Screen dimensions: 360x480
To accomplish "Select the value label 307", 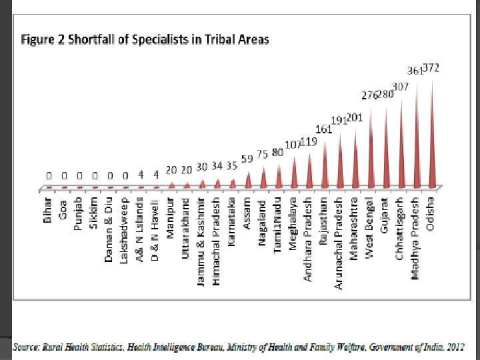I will coord(401,87).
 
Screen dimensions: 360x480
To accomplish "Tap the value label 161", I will coord(323,129).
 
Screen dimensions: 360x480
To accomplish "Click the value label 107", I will coord(293,145).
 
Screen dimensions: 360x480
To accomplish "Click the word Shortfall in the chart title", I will coord(83,39).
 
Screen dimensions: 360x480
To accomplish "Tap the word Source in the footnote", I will coord(27,346).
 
